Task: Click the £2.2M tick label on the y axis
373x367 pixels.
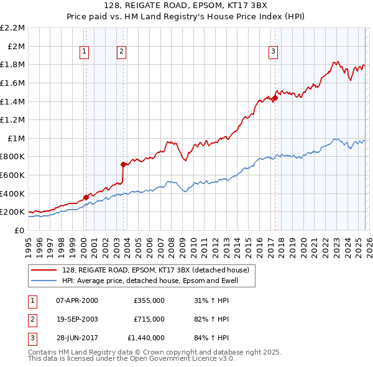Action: click(13, 28)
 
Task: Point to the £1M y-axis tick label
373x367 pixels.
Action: click(16, 138)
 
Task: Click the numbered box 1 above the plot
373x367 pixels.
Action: click(84, 52)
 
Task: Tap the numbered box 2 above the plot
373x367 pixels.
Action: click(122, 52)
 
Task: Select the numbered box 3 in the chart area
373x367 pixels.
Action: click(273, 52)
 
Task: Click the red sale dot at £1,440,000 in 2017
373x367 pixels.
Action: click(275, 98)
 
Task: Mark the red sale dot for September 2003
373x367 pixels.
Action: click(123, 164)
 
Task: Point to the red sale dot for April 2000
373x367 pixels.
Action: click(86, 197)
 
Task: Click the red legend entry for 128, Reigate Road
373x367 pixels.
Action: click(155, 270)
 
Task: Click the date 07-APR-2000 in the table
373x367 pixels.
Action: click(77, 300)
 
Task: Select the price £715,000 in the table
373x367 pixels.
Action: click(149, 319)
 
